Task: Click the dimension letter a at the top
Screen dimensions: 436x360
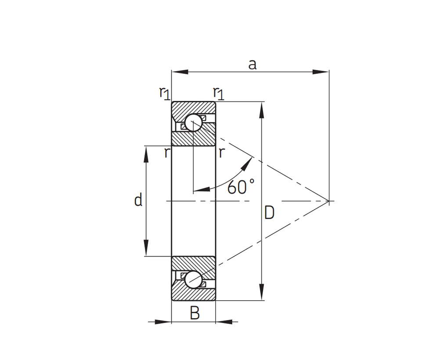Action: [x=252, y=65]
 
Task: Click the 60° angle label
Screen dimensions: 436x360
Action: [x=241, y=186]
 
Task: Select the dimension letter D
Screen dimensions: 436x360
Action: [x=269, y=213]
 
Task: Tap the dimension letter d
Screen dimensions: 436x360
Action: [x=138, y=200]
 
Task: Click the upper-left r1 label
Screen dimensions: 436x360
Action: [x=165, y=93]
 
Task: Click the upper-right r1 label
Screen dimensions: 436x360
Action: [x=219, y=93]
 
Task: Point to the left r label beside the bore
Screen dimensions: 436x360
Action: [x=166, y=153]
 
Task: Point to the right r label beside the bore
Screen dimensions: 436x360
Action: [x=222, y=153]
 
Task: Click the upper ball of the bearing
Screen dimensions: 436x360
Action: [x=193, y=123]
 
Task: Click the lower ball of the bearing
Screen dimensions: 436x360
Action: [x=193, y=279]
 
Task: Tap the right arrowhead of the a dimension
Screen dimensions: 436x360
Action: [x=321, y=72]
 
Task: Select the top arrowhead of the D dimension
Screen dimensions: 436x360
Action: [x=262, y=110]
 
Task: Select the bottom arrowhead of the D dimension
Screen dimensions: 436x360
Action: [x=262, y=292]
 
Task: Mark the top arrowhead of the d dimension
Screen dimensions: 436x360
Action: [x=146, y=154]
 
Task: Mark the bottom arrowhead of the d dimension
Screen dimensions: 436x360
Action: [x=146, y=247]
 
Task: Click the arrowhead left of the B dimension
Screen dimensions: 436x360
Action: [x=163, y=322]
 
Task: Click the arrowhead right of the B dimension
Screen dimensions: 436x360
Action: [x=224, y=322]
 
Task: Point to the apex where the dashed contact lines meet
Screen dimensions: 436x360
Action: [x=329, y=201]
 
